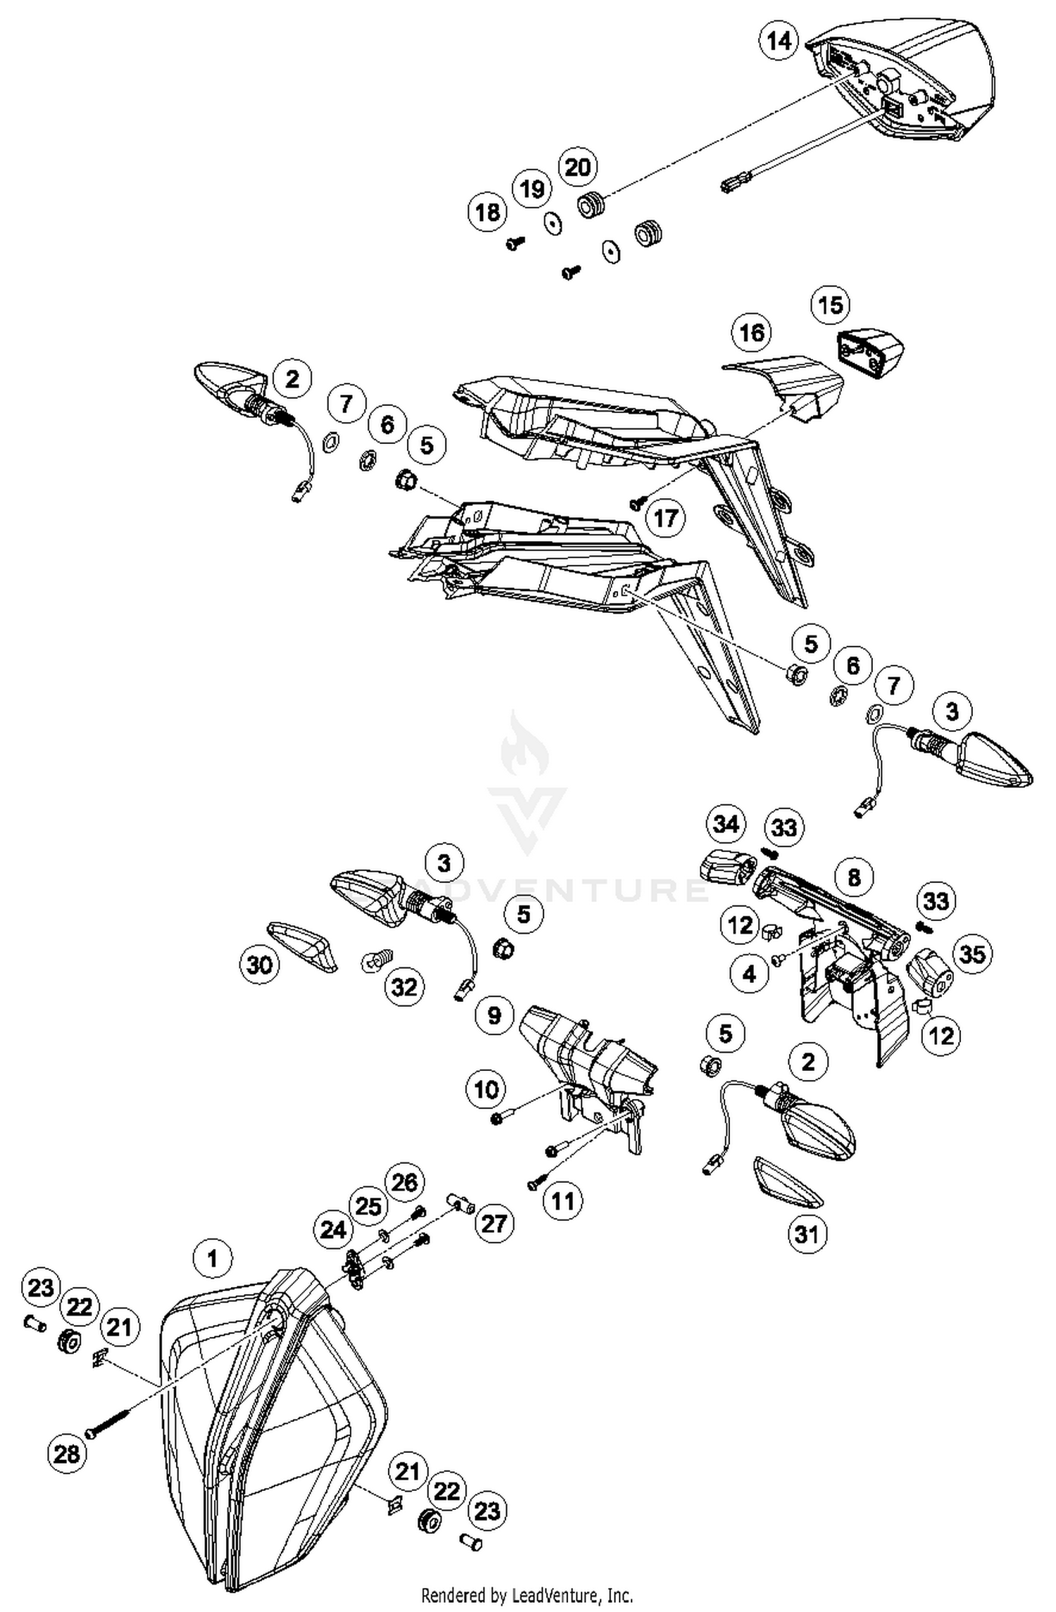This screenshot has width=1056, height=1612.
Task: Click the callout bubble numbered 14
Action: [779, 42]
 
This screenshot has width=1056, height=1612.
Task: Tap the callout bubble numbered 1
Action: [213, 1257]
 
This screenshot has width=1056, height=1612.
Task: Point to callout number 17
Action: [665, 519]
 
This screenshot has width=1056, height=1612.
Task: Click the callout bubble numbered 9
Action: [494, 1015]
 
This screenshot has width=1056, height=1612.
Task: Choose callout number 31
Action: [807, 1233]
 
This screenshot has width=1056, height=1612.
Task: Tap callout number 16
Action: [752, 332]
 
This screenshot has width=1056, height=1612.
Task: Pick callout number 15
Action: [831, 305]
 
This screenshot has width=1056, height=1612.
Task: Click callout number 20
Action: [577, 167]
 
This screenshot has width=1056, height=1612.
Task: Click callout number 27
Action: [494, 1224]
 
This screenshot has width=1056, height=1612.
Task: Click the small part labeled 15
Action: [870, 353]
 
